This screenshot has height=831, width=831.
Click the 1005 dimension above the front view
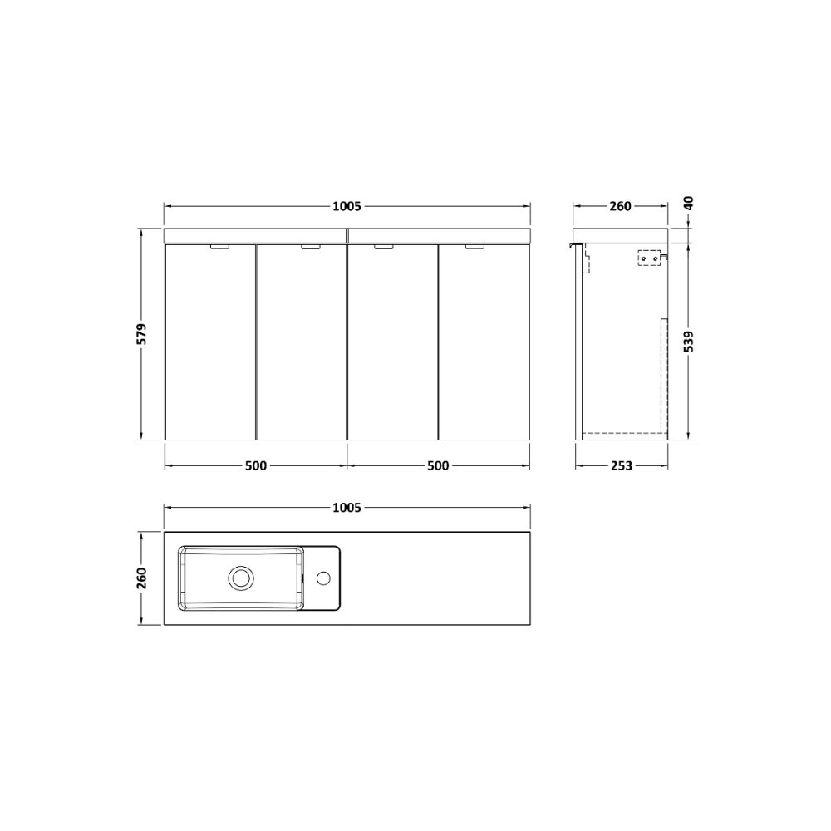pyautogui.click(x=347, y=206)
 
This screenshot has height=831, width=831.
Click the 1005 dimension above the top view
pyautogui.click(x=347, y=508)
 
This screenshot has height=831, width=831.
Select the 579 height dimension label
pyautogui.click(x=141, y=334)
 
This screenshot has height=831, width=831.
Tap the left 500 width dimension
pyautogui.click(x=256, y=466)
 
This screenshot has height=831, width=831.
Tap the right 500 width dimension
pyautogui.click(x=438, y=466)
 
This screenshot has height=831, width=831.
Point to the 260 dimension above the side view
pyautogui.click(x=620, y=206)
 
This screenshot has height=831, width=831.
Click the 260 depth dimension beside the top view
pyautogui.click(x=141, y=578)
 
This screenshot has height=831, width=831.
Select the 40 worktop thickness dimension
pyautogui.click(x=688, y=203)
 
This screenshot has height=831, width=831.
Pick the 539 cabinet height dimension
pyautogui.click(x=688, y=342)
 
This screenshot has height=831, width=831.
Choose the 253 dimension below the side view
pyautogui.click(x=621, y=466)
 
